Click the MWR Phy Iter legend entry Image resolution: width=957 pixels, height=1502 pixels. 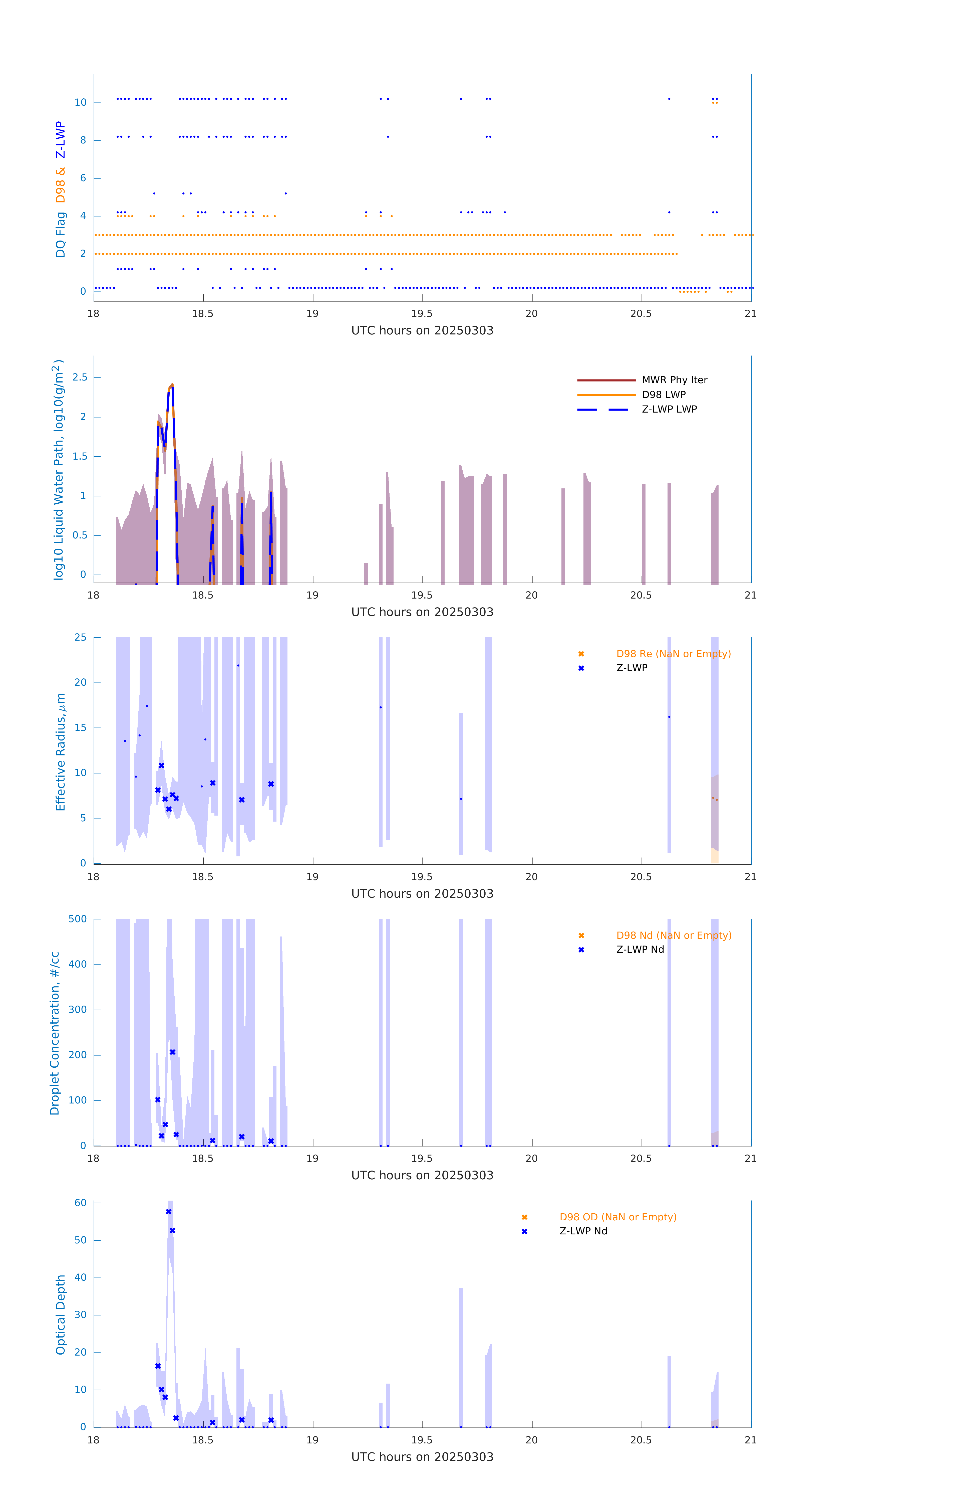(674, 380)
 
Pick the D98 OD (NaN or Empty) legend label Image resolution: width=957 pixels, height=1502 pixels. (617, 1217)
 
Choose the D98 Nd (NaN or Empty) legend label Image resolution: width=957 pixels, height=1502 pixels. (673, 936)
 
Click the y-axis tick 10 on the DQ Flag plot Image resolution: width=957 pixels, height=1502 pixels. (80, 102)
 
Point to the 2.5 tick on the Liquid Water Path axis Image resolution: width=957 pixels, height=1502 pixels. (80, 377)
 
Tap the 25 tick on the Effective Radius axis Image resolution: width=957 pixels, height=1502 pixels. (80, 638)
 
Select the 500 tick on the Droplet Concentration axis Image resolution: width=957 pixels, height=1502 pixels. (78, 919)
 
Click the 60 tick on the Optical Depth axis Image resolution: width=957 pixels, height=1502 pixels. (80, 1203)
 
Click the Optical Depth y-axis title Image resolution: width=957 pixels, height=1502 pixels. (61, 1315)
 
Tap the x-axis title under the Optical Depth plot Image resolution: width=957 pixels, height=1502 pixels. (422, 1457)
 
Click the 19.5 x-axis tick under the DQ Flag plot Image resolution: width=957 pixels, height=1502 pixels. (422, 314)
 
